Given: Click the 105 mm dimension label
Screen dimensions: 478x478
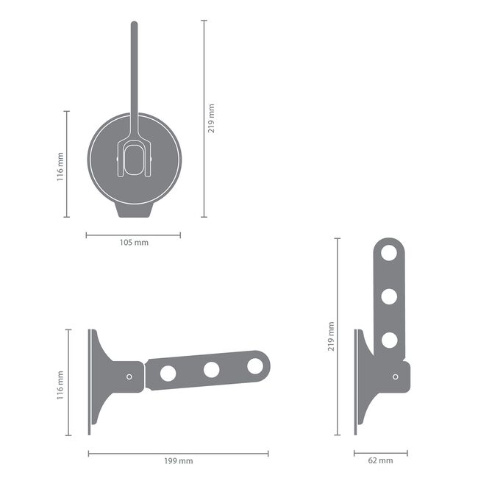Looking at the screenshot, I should click(x=132, y=243).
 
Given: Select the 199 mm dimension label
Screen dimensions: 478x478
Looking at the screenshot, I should click(x=178, y=461).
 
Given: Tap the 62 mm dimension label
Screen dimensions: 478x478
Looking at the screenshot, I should click(x=380, y=461).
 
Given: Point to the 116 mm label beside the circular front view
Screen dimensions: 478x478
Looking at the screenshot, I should click(x=60, y=165).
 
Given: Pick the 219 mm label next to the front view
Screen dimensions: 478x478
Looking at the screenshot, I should click(x=212, y=118).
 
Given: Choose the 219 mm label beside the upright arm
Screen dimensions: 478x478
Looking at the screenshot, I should click(x=332, y=336).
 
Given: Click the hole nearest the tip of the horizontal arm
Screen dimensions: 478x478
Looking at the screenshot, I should click(x=255, y=365).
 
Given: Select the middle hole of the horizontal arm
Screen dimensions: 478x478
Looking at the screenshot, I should click(x=212, y=370).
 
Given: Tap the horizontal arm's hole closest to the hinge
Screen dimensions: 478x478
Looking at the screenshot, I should click(x=168, y=374).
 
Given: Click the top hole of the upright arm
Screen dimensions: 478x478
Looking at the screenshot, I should click(x=389, y=253).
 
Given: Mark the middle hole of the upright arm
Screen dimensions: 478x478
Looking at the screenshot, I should click(x=389, y=296).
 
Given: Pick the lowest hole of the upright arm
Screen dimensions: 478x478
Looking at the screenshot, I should click(x=389, y=340).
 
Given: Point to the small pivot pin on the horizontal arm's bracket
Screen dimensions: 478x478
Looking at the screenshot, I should click(x=129, y=377).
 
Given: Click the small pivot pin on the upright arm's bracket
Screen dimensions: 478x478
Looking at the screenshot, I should click(x=395, y=377).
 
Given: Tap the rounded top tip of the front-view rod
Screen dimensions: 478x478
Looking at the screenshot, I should click(x=134, y=25).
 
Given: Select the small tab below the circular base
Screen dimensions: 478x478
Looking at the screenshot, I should click(x=134, y=210).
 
